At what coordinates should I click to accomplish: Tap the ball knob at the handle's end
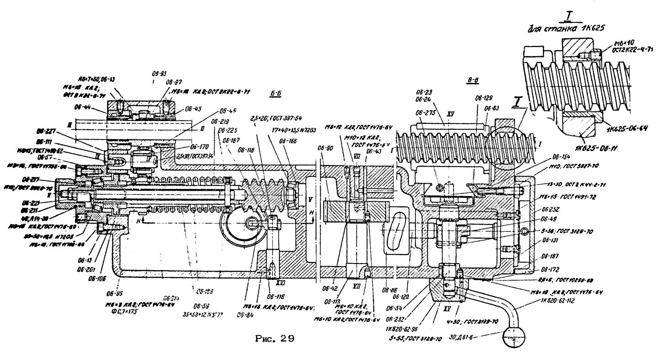(512, 338)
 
